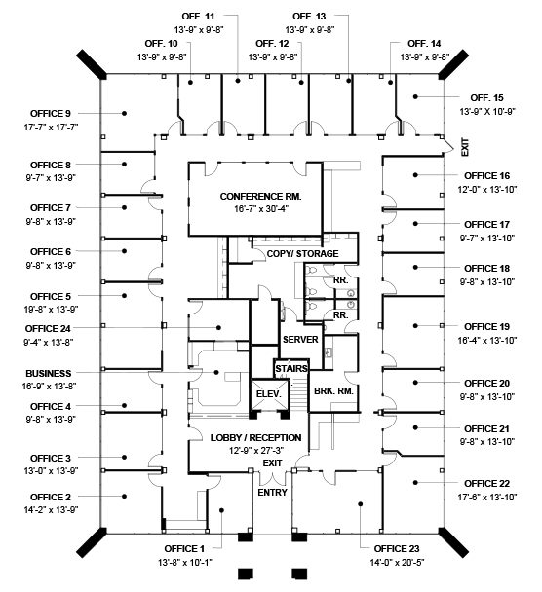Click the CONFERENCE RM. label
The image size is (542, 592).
(260, 197)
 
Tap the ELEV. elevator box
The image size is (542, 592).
(269, 394)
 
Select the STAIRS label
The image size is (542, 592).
(291, 368)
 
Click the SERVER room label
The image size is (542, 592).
(300, 340)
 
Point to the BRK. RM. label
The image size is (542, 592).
(333, 391)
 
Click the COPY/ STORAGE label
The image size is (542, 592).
(302, 254)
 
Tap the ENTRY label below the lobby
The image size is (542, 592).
(272, 493)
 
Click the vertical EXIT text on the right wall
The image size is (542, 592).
(465, 147)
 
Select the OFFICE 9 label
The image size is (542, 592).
(51, 113)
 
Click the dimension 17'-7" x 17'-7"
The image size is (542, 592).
(51, 128)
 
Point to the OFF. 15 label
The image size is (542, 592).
(486, 97)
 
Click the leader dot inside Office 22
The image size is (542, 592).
(415, 483)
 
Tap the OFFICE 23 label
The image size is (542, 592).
(397, 548)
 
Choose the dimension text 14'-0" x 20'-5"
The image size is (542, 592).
(397, 563)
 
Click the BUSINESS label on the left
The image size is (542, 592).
(49, 373)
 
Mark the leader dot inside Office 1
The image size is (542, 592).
(222, 510)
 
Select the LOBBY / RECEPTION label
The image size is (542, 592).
(255, 437)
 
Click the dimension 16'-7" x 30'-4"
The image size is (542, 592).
(261, 209)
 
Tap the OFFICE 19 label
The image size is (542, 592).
(486, 326)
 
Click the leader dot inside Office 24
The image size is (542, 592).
(218, 328)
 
